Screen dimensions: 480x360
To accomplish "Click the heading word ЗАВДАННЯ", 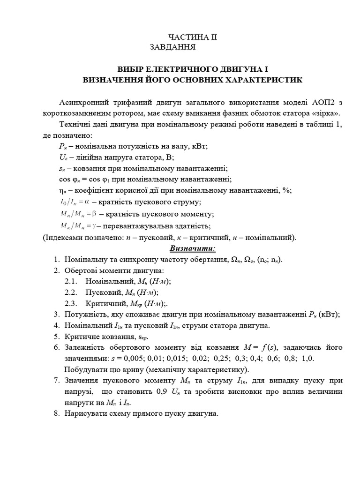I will click(x=170, y=47).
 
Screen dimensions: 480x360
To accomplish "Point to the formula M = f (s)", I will click(x=263, y=347).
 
